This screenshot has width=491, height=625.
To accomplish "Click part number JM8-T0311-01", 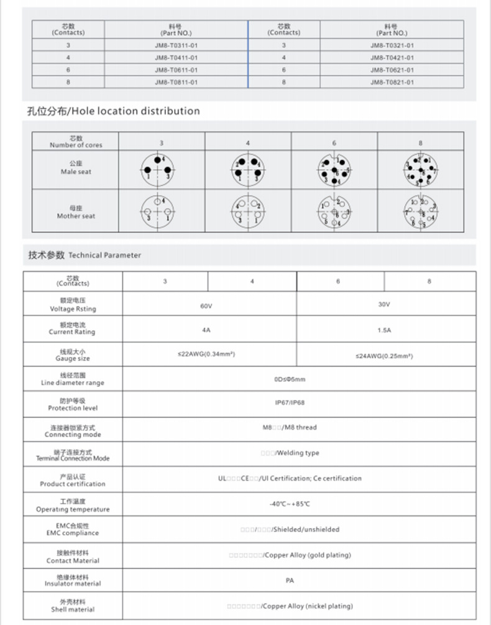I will click(x=176, y=45).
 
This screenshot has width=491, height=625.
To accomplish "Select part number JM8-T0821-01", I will click(x=392, y=82).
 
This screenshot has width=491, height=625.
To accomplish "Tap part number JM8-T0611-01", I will click(x=176, y=70).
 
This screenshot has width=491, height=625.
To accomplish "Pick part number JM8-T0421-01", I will click(x=392, y=58).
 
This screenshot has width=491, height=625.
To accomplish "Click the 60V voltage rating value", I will click(x=206, y=306).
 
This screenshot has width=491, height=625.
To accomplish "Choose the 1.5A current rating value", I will click(x=384, y=330).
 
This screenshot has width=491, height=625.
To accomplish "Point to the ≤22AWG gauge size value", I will click(x=206, y=354).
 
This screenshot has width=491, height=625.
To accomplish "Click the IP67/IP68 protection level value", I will click(x=290, y=402).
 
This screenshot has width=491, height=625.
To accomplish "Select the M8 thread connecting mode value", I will click(x=290, y=427).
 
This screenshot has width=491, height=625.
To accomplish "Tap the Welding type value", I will click(x=290, y=453).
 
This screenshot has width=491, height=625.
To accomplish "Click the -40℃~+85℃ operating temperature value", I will click(x=290, y=504).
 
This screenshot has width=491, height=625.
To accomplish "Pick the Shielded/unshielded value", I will click(x=290, y=529).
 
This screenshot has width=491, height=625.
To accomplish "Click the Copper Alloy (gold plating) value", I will click(x=290, y=555).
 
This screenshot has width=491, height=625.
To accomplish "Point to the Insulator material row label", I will click(x=73, y=580).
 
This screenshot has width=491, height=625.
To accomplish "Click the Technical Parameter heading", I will click(x=85, y=255).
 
